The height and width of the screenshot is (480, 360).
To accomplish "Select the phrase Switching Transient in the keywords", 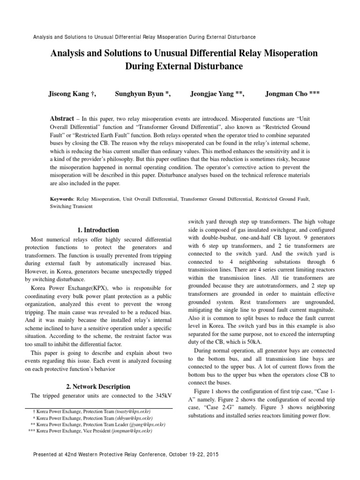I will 71,206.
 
